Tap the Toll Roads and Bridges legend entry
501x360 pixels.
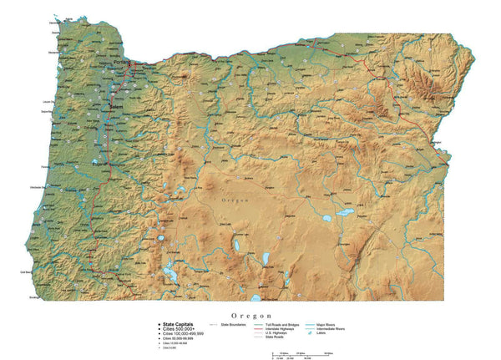[x=281, y=324]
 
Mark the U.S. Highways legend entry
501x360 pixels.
[x=276, y=332]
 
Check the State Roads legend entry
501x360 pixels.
[x=274, y=337]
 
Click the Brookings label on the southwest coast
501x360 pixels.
[x=34, y=297]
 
